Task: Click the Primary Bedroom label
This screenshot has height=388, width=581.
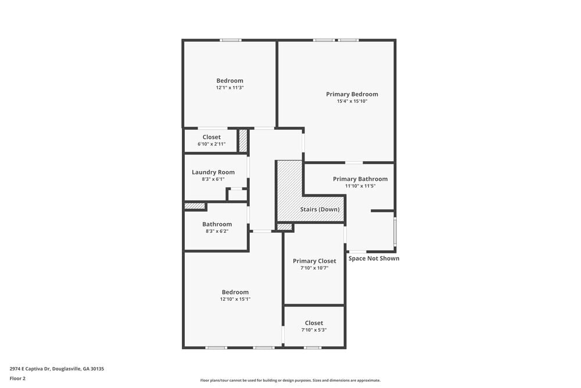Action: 352,94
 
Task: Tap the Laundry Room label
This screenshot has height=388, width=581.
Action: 213,172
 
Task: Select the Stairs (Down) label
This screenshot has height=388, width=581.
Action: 320,209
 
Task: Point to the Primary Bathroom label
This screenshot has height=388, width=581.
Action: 360,179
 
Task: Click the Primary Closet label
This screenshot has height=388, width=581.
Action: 314,261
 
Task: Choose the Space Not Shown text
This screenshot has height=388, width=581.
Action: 374,258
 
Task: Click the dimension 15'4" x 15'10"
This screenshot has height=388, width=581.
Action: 352,101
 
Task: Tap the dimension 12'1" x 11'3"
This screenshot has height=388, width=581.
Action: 229,88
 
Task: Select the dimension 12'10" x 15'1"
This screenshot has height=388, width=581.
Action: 235,299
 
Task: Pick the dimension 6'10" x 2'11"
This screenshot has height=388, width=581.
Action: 211,144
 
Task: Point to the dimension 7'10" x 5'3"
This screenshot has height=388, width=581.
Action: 314,330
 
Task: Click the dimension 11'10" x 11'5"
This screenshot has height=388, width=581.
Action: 360,186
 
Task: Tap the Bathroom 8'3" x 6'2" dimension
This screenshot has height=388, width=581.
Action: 217,231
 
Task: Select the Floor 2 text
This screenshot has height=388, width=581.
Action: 17,378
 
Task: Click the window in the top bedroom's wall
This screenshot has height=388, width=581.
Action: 230,40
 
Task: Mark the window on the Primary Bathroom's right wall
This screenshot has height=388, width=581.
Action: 395,232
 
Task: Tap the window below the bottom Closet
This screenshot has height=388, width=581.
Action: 313,348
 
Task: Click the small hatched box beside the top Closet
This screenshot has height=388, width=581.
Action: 243,141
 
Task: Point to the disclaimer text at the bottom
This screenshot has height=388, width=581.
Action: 290,380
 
